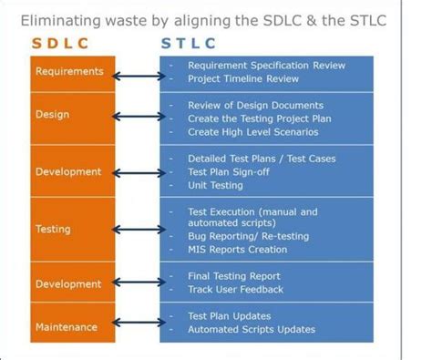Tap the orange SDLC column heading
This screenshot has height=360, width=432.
[67, 43]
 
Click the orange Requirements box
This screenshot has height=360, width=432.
[69, 71]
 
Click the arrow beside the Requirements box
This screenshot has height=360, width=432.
[138, 72]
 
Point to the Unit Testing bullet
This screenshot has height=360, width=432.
[215, 184]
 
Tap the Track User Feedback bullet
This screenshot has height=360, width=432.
[236, 290]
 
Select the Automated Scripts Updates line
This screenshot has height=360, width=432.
[252, 329]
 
